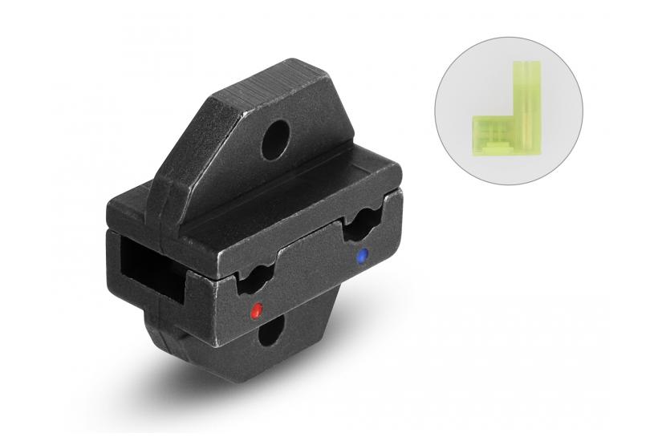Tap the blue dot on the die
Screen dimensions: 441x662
point(361,257)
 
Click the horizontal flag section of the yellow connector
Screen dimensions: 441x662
point(491,132)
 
